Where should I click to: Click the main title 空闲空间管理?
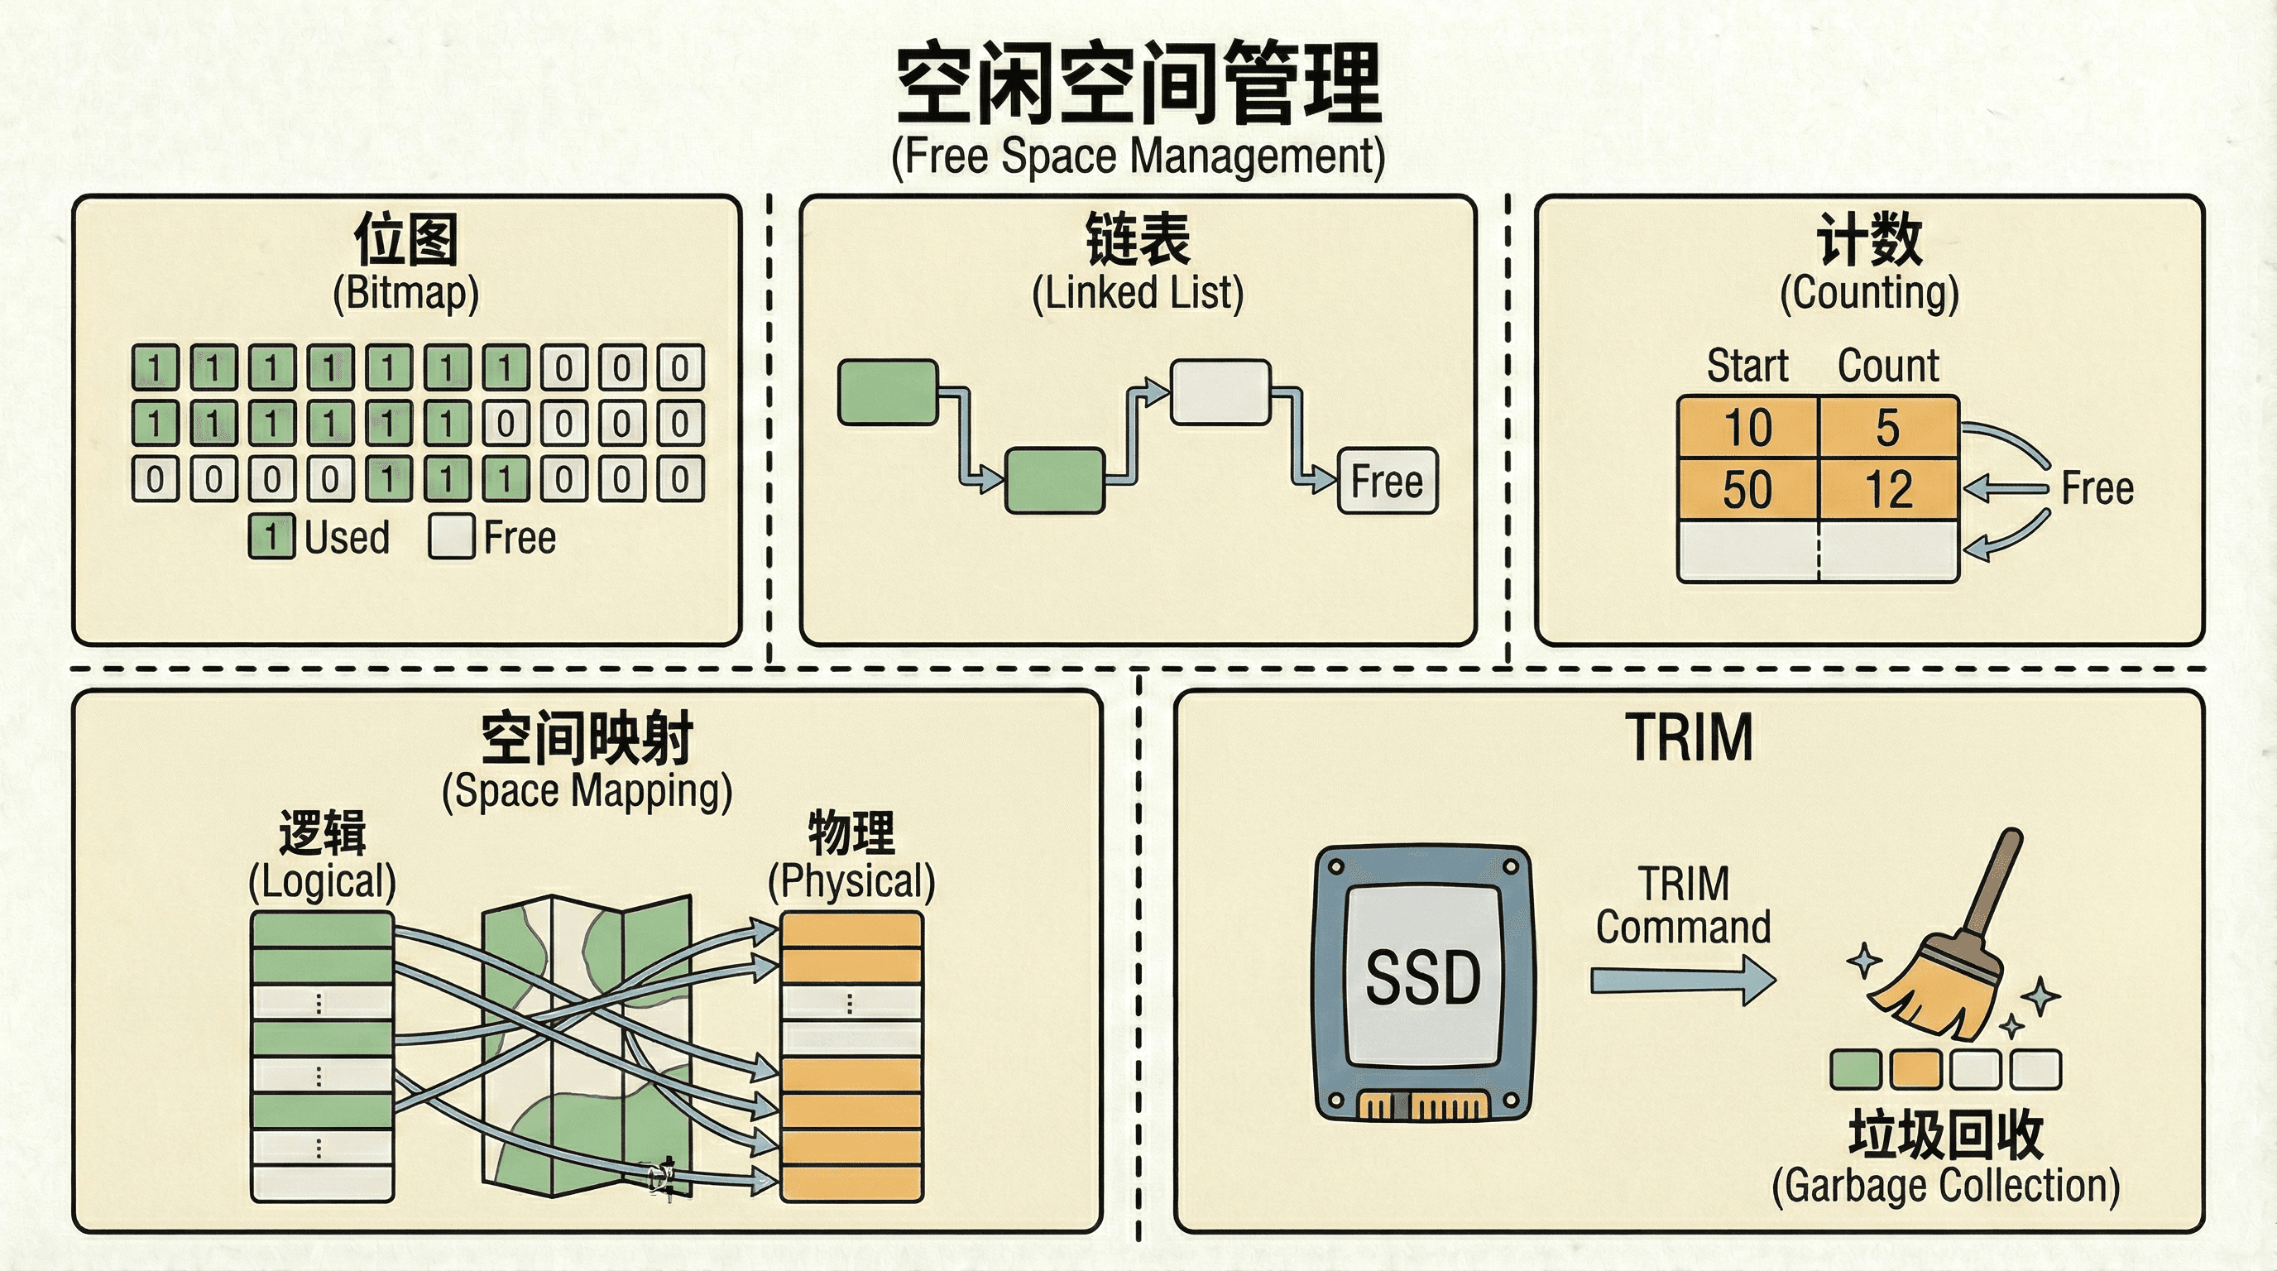tap(1138, 84)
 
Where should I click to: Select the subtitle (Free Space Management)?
tap(1138, 156)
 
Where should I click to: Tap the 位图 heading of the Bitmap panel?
tap(405, 238)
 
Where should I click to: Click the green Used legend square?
tap(271, 536)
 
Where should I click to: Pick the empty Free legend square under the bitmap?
tap(452, 536)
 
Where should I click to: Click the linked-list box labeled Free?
tap(1388, 481)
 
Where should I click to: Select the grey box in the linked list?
tap(1220, 391)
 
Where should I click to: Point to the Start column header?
tap(1747, 366)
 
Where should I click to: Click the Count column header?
tap(1888, 366)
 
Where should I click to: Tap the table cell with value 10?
tap(1747, 428)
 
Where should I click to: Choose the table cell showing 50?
tap(1747, 489)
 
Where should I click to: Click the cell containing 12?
tap(1889, 489)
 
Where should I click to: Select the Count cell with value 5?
tap(1889, 428)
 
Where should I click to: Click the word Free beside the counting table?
tap(2097, 488)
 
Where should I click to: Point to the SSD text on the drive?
tap(1423, 978)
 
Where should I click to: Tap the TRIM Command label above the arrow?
tap(1683, 905)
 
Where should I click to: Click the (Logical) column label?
tap(322, 881)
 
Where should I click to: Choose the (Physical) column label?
tap(851, 881)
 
